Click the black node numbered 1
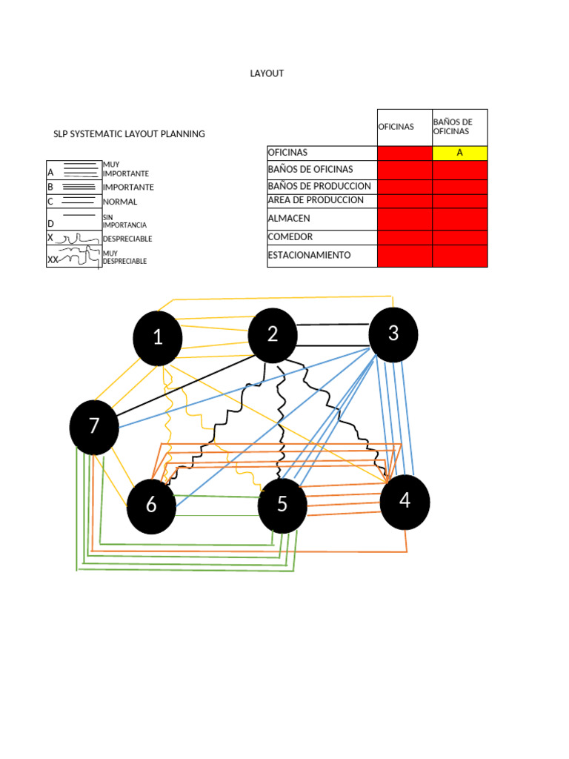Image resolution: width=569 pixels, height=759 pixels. click(158, 338)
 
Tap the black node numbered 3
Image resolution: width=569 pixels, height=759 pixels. click(393, 334)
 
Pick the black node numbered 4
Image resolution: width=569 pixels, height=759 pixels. click(405, 502)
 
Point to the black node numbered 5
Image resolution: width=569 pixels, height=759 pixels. click(282, 506)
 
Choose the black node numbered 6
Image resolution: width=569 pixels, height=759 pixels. click(151, 506)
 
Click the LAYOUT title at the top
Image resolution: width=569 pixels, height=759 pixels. click(267, 73)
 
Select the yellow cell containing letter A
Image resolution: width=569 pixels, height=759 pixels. click(459, 153)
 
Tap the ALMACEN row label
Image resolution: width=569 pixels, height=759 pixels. click(289, 219)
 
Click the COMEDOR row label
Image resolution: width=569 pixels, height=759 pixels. click(290, 236)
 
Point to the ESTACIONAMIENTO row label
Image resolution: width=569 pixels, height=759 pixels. click(309, 255)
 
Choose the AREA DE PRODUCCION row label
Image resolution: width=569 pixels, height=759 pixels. click(316, 200)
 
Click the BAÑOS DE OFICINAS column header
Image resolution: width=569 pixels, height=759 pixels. click(453, 127)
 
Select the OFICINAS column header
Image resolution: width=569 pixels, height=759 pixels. click(396, 127)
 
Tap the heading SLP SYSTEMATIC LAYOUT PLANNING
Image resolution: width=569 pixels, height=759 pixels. click(129, 134)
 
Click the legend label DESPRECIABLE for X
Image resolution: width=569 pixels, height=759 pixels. click(127, 239)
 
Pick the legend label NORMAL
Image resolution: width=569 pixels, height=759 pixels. click(120, 202)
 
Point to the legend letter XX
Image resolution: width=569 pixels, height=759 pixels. click(53, 260)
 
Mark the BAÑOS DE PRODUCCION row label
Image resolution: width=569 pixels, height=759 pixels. click(319, 186)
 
